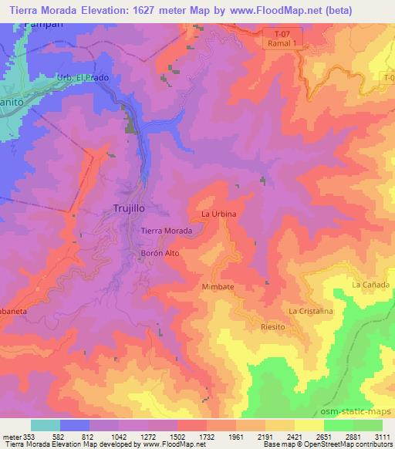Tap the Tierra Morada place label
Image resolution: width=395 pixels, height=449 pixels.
point(167,231)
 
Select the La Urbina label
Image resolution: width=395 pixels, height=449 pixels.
point(218,213)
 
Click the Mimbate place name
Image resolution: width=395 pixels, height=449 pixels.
point(218,286)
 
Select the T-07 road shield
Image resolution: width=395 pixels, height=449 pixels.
point(284,34)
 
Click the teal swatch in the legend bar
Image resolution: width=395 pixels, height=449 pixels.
point(46,425)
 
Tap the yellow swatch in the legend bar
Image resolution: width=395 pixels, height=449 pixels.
point(309,425)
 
